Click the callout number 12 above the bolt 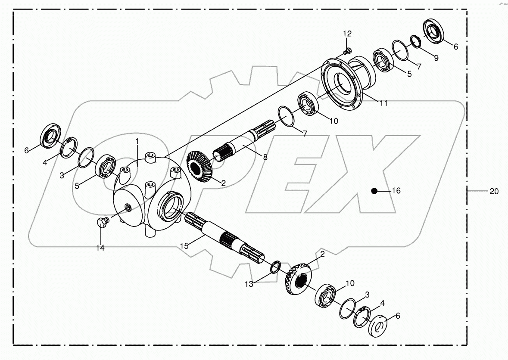(347, 34)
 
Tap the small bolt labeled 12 (346, 52)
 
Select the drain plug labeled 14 (102, 222)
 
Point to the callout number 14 (100, 248)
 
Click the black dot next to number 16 (375, 191)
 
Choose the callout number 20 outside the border (494, 191)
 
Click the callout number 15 (184, 246)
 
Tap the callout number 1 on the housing (137, 141)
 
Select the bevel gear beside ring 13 (298, 278)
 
